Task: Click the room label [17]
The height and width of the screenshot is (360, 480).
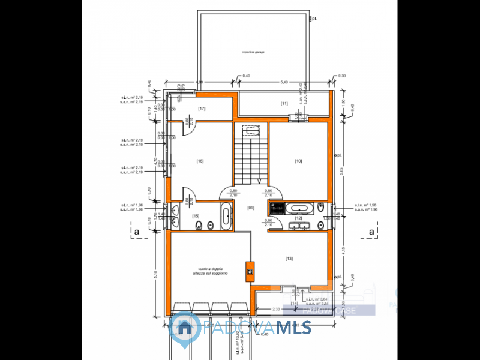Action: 202,108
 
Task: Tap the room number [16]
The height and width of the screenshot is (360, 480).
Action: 200,161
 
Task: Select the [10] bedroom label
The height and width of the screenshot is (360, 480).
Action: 298,161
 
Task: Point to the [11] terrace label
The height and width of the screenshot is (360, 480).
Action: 284,104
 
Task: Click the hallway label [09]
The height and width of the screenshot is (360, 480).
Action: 251,208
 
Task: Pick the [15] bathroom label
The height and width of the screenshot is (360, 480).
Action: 196,216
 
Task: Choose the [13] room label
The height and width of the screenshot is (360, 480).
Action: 289,259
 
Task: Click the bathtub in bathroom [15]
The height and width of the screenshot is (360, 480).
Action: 225,217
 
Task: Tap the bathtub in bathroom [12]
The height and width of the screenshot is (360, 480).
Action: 298,208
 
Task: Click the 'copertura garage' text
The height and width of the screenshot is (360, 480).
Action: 253,52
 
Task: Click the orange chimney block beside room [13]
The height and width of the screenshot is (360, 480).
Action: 249,271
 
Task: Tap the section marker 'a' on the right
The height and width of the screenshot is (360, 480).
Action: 371,230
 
